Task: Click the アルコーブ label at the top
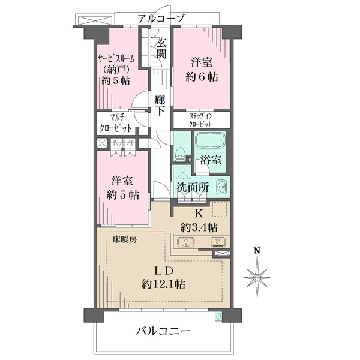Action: click(x=160, y=18)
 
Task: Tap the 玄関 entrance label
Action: click(x=161, y=48)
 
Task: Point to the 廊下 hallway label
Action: click(x=160, y=105)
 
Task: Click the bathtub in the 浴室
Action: click(x=209, y=142)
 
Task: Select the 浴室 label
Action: click(x=212, y=161)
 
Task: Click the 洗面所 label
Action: click(x=193, y=187)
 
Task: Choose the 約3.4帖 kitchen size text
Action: click(x=199, y=227)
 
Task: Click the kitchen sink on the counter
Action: click(x=187, y=243)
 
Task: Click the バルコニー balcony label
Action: click(x=163, y=331)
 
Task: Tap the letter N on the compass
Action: click(x=256, y=251)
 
